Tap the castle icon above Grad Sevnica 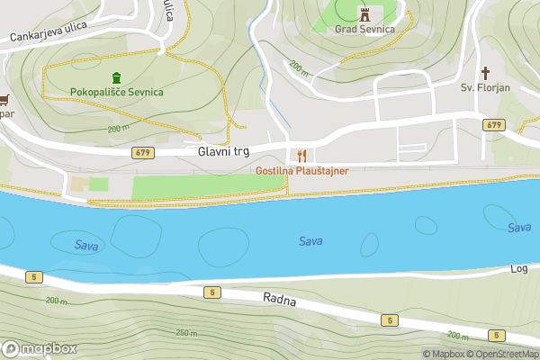364,13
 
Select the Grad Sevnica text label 364,29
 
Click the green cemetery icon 116,77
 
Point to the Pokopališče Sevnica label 117,93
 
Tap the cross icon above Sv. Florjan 486,72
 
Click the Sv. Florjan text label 486,88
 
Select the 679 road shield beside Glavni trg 142,152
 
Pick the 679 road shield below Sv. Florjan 492,124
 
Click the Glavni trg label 222,152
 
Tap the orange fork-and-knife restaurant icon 301,155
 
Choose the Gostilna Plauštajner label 301,170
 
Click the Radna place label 280,299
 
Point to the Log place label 519,269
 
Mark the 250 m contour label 187,333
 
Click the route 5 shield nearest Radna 211,292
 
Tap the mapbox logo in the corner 39,348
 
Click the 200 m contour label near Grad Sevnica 298,67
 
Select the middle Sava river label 310,241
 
